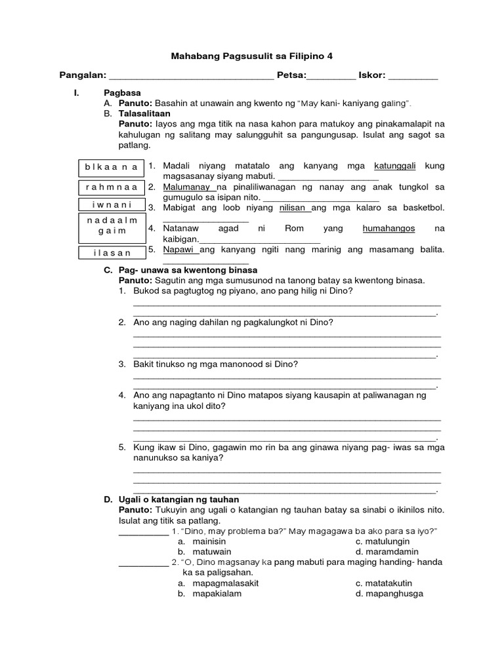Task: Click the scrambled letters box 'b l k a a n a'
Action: point(111,167)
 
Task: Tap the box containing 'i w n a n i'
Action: point(111,204)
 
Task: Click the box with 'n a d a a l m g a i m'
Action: point(111,226)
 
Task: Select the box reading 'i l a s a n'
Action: point(111,252)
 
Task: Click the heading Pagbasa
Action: point(122,93)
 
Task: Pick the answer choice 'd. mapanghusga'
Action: point(389,594)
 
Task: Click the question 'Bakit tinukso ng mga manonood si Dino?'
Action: point(215,364)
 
